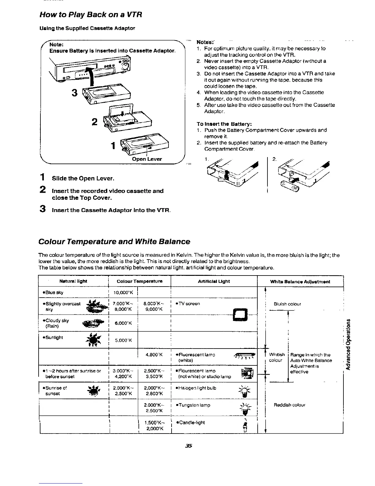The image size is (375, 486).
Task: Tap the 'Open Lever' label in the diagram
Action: [147, 159]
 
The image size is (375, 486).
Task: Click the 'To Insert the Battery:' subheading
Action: [224, 124]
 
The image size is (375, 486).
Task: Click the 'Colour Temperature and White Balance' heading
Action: [114, 241]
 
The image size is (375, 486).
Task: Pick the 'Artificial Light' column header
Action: [214, 281]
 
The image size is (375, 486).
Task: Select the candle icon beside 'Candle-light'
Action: [245, 425]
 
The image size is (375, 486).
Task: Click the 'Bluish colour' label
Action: [287, 304]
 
